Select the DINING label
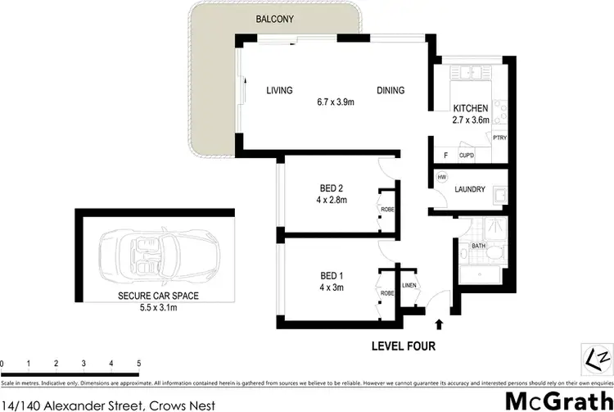click(x=391, y=91)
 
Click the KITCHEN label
click(x=471, y=109)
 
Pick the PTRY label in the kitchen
click(x=499, y=138)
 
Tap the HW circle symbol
click(x=442, y=177)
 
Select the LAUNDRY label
click(x=471, y=190)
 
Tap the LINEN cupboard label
click(x=409, y=285)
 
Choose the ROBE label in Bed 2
click(x=387, y=209)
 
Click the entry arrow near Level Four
click(x=441, y=324)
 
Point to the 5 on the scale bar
click(x=138, y=363)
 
